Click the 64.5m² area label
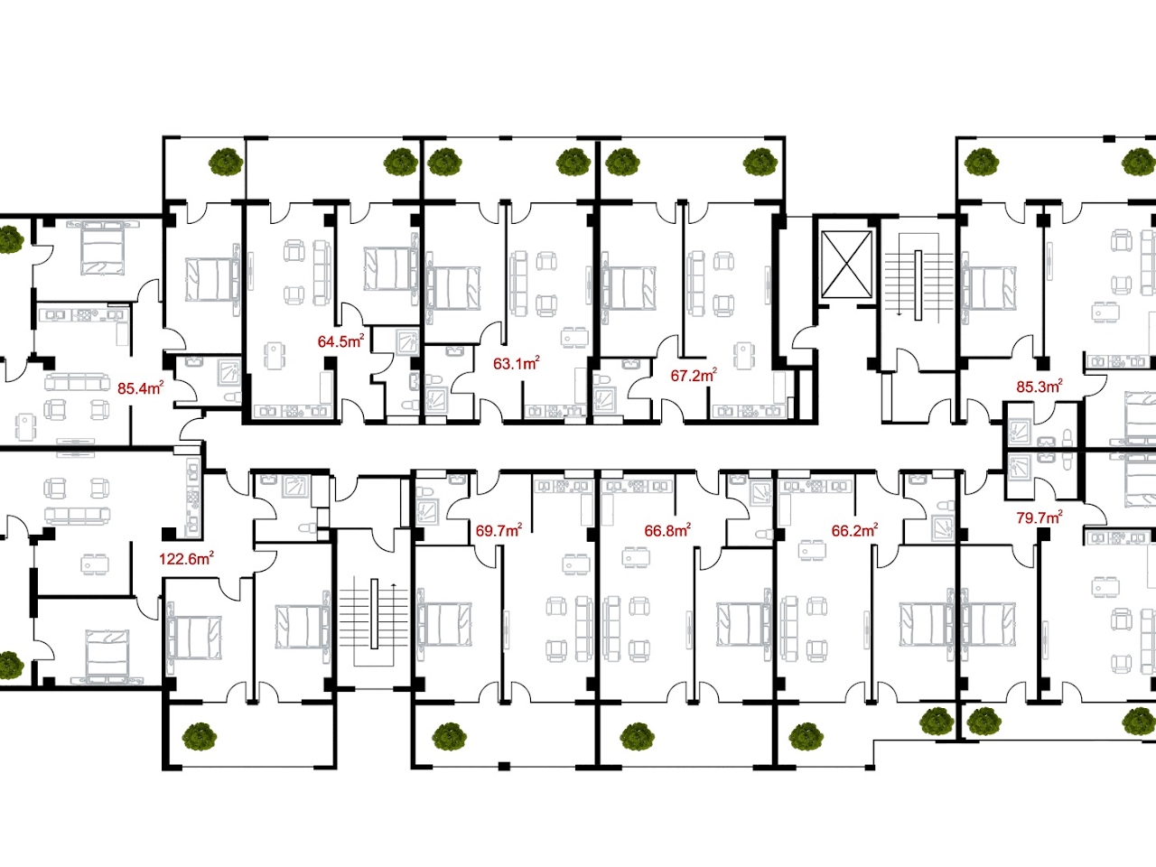[340, 341]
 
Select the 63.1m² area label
[516, 363]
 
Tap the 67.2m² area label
[694, 376]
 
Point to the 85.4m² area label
[141, 388]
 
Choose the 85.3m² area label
[1039, 387]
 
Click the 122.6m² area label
[186, 558]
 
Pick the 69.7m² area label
[499, 531]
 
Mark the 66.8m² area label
[667, 530]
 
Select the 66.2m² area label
[854, 530]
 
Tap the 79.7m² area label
[1039, 517]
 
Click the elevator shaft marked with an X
[846, 265]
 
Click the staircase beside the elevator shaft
[918, 285]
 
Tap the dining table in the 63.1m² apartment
[574, 337]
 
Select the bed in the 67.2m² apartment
[629, 288]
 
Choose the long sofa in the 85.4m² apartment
[78, 382]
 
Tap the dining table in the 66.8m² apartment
[635, 556]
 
